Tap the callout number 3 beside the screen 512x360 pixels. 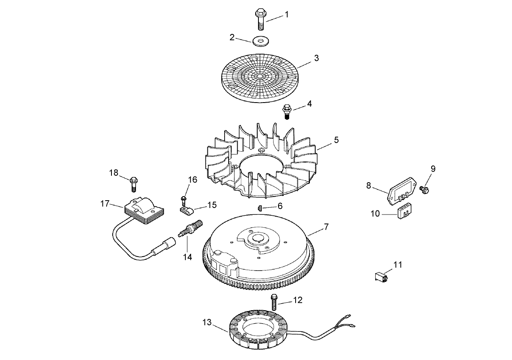[316, 58]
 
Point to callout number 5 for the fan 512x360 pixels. [336, 140]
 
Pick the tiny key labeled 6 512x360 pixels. [260, 208]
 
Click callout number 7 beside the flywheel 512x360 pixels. [326, 227]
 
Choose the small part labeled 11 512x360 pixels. [381, 277]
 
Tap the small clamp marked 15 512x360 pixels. [186, 210]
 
